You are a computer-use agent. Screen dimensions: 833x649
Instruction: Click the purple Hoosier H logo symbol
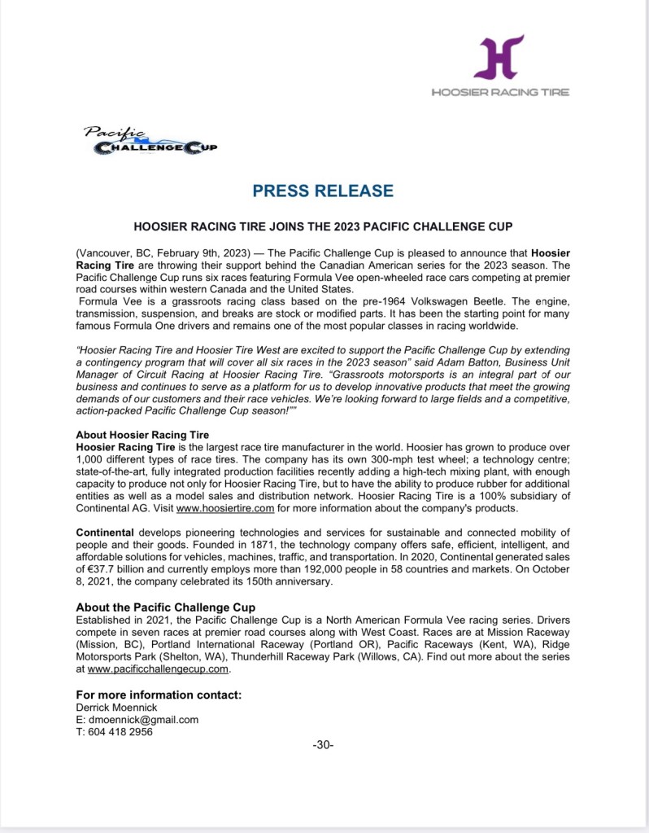(x=499, y=57)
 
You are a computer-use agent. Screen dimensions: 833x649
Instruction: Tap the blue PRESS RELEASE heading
(x=323, y=191)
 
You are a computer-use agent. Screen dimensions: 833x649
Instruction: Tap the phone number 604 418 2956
(x=120, y=731)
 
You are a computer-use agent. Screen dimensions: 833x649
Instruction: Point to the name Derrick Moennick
(x=116, y=708)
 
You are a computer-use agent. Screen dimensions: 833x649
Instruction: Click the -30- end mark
(x=323, y=745)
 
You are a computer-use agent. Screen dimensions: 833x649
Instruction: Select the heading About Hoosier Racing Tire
(x=142, y=435)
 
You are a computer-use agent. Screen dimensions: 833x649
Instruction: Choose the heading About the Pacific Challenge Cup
(x=165, y=607)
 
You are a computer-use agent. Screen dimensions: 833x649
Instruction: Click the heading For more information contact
(x=159, y=695)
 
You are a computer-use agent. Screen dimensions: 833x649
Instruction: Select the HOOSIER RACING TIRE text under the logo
(x=500, y=92)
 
